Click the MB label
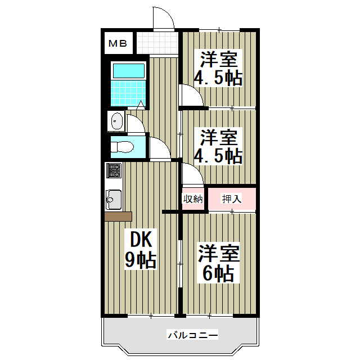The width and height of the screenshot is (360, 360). tap(118, 43)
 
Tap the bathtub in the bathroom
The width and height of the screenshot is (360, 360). tap(128, 70)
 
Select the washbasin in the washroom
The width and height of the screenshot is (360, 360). tap(117, 121)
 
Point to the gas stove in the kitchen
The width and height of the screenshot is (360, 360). tap(114, 170)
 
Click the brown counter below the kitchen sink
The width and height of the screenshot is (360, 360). tap(118, 217)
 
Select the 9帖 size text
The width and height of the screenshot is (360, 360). tap(141, 260)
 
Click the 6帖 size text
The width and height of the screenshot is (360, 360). tap(218, 273)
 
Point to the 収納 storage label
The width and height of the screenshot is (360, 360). tap(192, 199)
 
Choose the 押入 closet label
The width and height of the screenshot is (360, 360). tap(232, 199)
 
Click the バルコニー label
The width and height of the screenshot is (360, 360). tap(192, 336)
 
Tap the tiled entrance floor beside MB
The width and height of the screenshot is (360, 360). tap(156, 42)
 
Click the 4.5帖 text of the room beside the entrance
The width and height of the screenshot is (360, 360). tap(218, 78)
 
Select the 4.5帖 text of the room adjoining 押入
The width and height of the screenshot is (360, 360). tap(218, 155)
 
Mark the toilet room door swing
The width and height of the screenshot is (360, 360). tap(159, 148)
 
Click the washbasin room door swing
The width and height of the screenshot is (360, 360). tap(136, 123)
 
